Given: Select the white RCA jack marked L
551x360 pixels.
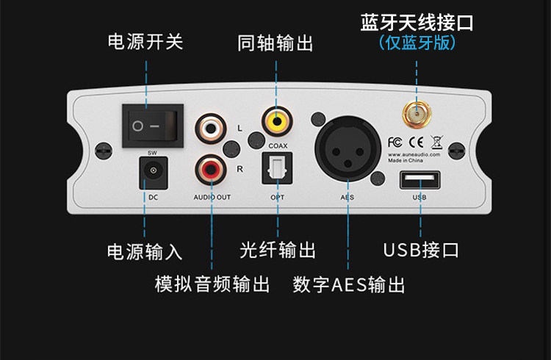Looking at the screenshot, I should [209, 129].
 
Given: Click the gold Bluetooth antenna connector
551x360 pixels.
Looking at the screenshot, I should [417, 113].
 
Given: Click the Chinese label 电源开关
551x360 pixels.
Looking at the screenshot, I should [145, 42].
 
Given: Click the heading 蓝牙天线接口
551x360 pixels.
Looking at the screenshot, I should [417, 21].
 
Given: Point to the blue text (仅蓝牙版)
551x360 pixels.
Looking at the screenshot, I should [417, 42].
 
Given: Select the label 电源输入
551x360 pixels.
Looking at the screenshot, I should [144, 251].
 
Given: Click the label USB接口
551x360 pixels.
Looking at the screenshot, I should [421, 250].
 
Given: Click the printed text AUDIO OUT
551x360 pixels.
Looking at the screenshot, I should [212, 197].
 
